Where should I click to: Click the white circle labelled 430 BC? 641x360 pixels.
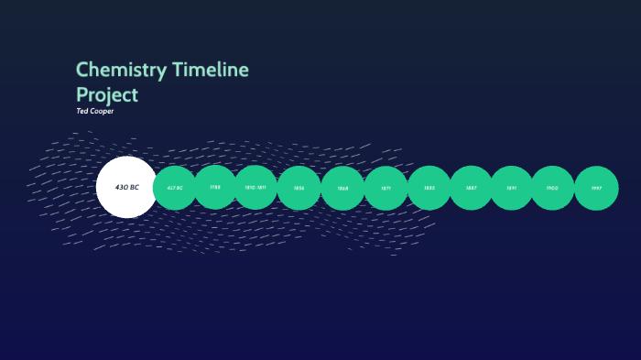(x=126, y=187)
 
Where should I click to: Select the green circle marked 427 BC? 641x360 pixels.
(x=174, y=188)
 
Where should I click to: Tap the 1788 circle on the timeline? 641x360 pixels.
(x=215, y=187)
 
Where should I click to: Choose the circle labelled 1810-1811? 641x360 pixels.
(x=255, y=187)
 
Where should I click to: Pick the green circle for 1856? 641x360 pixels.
(x=299, y=188)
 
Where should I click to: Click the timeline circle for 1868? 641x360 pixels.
(x=342, y=188)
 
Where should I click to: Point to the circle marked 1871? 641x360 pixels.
(x=386, y=188)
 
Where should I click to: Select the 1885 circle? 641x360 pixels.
(x=429, y=188)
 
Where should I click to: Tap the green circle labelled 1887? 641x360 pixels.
(x=471, y=188)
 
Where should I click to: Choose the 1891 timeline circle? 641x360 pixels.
(x=512, y=188)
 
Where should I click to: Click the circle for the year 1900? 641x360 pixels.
(x=552, y=188)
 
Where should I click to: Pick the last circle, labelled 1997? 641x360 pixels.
(x=596, y=188)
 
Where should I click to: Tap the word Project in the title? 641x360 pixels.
(x=106, y=94)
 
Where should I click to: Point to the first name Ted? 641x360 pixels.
(x=81, y=111)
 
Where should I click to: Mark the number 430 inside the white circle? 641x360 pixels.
(x=121, y=187)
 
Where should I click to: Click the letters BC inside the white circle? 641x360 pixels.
(x=134, y=187)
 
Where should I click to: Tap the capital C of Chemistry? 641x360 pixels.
(x=81, y=71)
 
